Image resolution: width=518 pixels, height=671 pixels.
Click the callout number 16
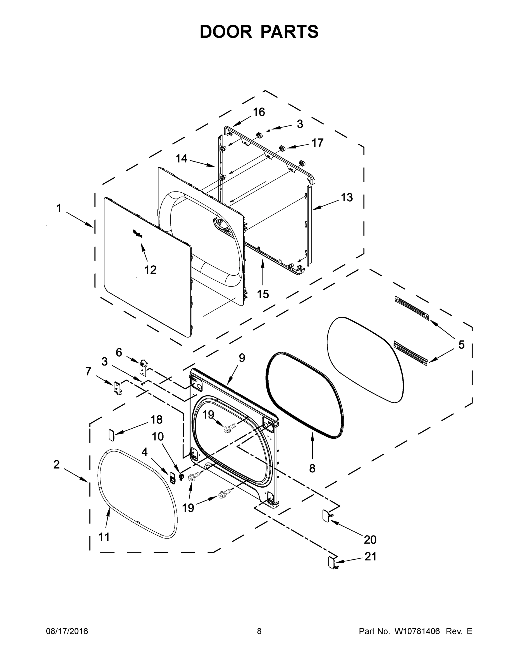tap(259, 112)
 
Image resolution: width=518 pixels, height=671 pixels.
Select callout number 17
tap(317, 143)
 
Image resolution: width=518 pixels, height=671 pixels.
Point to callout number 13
tap(347, 198)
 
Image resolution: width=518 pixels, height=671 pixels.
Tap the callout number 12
tap(150, 270)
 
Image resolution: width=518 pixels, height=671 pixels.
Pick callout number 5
tap(461, 345)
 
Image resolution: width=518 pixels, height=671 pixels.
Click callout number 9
tap(242, 358)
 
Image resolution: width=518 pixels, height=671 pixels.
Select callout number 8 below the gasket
tap(312, 468)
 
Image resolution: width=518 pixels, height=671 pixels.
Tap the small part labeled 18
tap(112, 435)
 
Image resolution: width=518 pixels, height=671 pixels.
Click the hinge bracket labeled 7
tap(118, 389)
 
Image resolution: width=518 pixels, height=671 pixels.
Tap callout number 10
tap(158, 437)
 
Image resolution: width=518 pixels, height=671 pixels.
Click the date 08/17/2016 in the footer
tap(67, 631)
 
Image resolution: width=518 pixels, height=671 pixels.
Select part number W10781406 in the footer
tap(417, 631)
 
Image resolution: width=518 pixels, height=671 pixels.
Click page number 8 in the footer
tap(259, 631)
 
